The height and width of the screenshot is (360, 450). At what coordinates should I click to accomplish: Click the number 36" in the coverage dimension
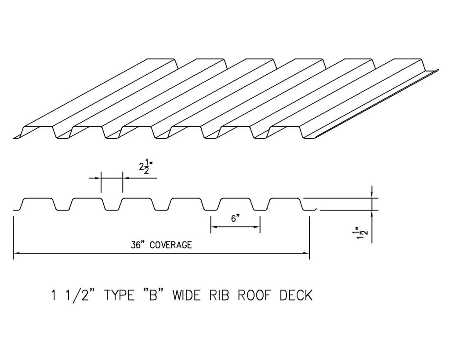coord(138,245)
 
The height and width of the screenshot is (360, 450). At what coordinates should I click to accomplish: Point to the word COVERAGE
coord(171,245)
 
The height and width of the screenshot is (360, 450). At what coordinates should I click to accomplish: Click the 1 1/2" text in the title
coord(74,295)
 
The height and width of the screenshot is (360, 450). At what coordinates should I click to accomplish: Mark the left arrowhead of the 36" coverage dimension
coord(16,253)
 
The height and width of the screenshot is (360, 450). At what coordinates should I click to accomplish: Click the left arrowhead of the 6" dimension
coord(214,227)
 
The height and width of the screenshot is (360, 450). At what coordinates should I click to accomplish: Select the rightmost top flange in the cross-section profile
coord(284,198)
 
